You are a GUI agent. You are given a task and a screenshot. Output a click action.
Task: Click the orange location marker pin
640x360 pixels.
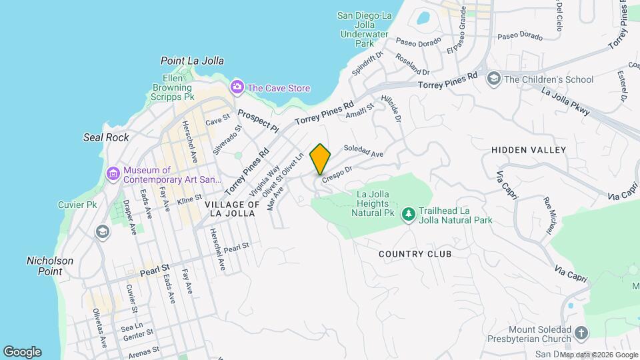(321, 159)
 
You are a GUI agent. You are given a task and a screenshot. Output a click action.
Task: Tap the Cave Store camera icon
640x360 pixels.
(237, 87)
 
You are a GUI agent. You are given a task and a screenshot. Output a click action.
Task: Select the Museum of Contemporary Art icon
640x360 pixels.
(113, 175)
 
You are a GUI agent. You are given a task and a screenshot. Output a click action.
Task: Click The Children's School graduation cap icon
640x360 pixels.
(494, 79)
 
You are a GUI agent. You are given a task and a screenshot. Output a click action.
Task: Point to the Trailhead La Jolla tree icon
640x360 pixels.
(408, 215)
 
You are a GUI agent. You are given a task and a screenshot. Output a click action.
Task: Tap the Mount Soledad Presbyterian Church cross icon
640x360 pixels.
(581, 333)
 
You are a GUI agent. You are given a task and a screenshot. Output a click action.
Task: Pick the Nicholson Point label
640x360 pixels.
(50, 266)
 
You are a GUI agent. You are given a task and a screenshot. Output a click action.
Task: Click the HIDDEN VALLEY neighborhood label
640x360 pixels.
(529, 151)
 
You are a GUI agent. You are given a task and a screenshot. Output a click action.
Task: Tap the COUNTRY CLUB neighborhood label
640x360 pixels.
(415, 254)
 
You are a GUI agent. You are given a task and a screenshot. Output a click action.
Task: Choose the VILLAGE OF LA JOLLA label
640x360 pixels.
(231, 209)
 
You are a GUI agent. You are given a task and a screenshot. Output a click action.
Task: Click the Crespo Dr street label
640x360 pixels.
(336, 175)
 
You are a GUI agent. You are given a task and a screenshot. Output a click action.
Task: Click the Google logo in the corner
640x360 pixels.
(22, 352)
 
